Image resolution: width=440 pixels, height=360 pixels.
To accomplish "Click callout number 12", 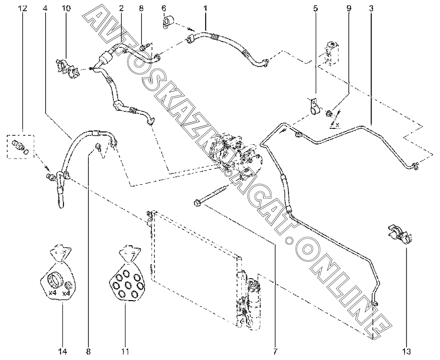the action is coord(23,9).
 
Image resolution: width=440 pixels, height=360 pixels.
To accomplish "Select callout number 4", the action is coord(45,9).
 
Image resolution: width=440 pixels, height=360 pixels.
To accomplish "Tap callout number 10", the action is coord(66,9).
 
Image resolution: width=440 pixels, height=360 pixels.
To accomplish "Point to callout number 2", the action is coord(121,9).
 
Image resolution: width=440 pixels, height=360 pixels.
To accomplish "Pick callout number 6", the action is coord(164,9).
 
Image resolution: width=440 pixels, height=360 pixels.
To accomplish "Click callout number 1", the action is coord(205,9).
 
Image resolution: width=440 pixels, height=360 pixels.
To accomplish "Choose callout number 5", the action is coord(315,9).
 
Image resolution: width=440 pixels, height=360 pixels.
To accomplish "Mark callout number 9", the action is coord(349,9).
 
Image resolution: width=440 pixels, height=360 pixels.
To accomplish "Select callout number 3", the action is coord(371,9).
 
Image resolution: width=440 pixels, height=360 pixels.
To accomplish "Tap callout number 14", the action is coord(63,351).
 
